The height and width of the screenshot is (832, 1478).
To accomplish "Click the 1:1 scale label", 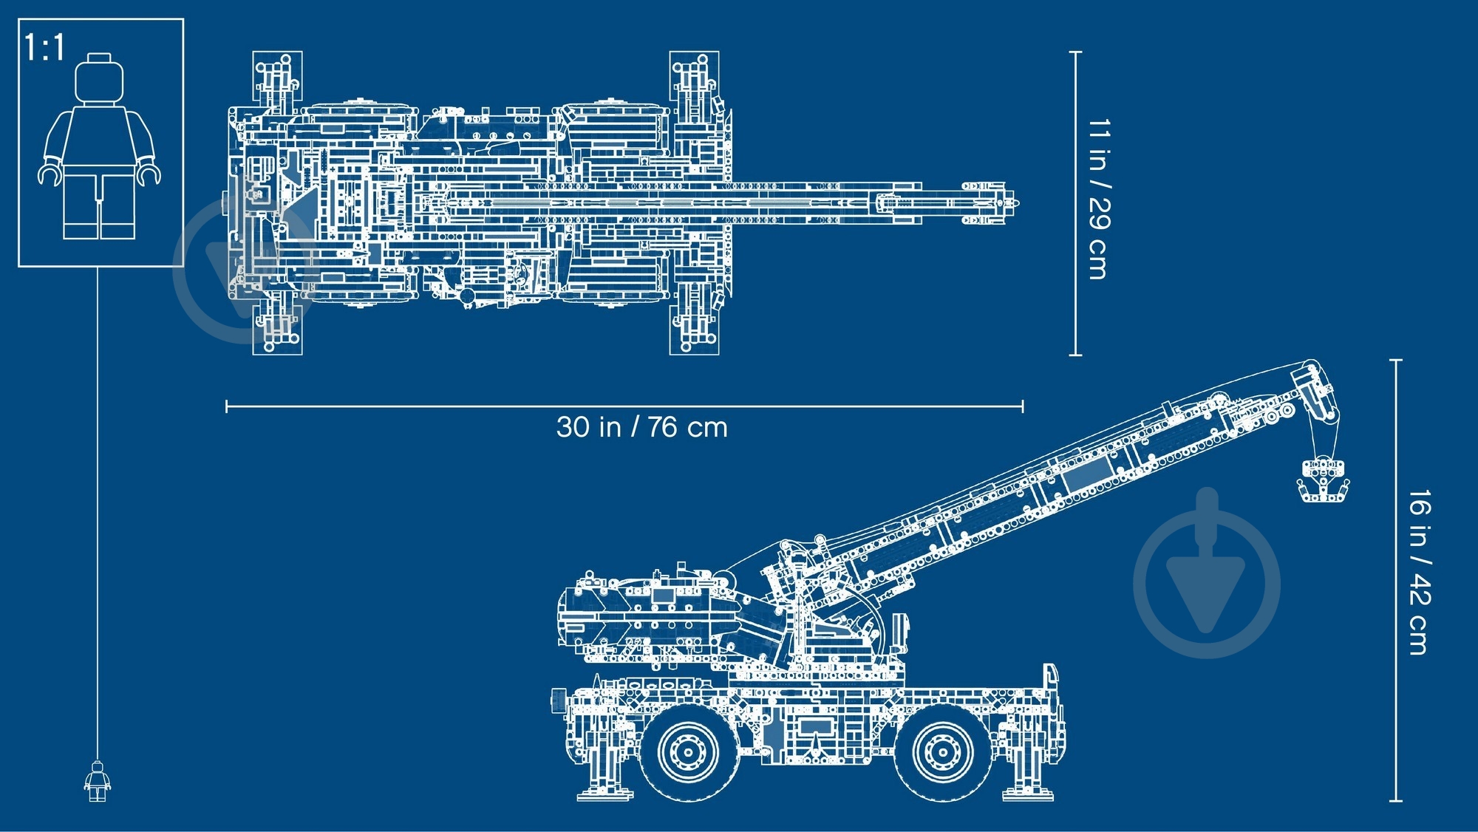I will pyautogui.click(x=44, y=47).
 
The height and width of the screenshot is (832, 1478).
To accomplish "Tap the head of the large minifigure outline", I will pyautogui.click(x=99, y=78).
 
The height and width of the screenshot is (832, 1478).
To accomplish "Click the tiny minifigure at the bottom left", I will pyautogui.click(x=97, y=782).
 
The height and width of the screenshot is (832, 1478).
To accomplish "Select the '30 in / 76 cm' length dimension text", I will pyautogui.click(x=641, y=428).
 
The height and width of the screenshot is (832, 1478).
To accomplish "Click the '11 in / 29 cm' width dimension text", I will pyautogui.click(x=1099, y=199).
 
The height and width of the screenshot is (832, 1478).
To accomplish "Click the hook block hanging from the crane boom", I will pyautogui.click(x=1324, y=480).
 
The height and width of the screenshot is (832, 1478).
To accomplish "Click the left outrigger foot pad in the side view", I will pyautogui.click(x=605, y=795).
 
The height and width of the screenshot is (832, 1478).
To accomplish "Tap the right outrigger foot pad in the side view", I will pyautogui.click(x=1028, y=795).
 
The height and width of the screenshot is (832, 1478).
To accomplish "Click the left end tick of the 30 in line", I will pyautogui.click(x=227, y=406).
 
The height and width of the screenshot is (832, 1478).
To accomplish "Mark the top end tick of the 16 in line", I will pyautogui.click(x=1395, y=361).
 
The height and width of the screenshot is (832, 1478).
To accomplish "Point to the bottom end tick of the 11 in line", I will pyautogui.click(x=1076, y=355).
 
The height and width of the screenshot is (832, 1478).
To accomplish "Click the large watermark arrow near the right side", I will pyautogui.click(x=1207, y=573).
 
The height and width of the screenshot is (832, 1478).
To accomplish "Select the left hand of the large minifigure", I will pyautogui.click(x=49, y=174).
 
